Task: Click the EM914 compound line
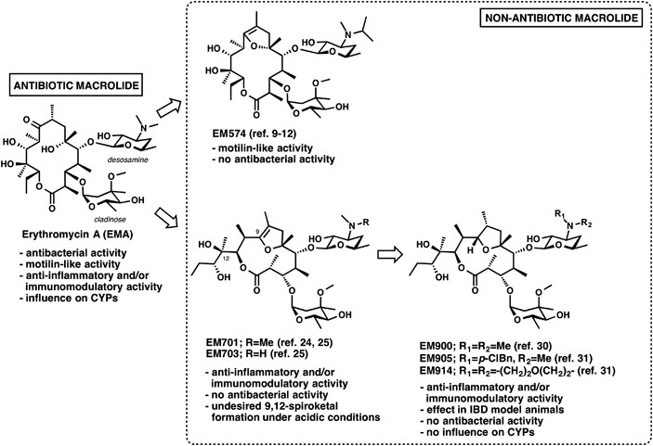pyautogui.click(x=529, y=370)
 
